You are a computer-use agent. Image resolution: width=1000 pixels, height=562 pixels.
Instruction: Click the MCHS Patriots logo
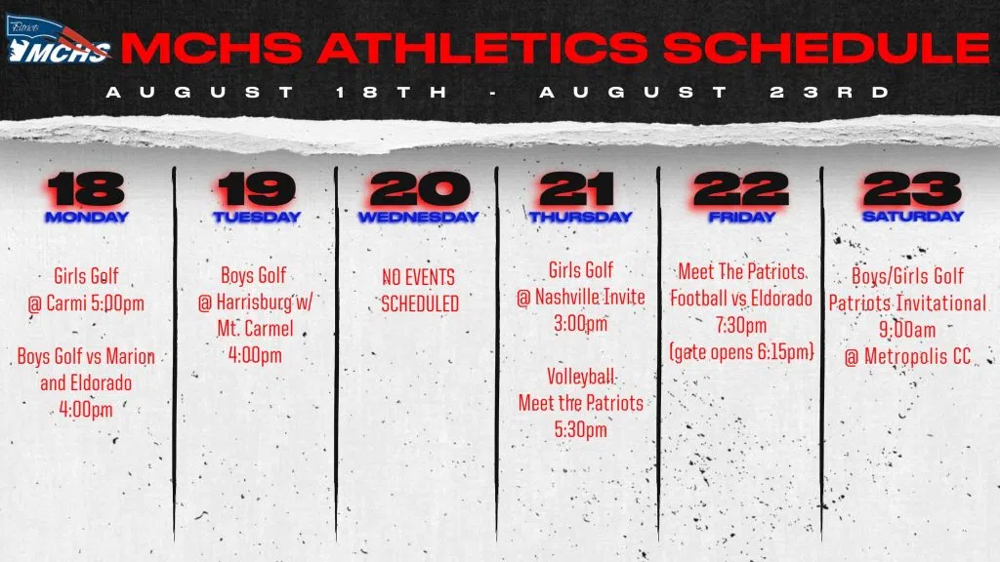[58, 40]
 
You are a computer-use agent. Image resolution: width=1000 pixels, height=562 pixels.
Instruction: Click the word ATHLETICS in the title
[482, 48]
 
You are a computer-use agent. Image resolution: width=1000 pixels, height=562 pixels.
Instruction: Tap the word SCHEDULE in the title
[826, 48]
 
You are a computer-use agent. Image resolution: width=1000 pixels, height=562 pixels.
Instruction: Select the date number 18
[86, 189]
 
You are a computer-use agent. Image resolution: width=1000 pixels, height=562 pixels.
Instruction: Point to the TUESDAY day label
[257, 218]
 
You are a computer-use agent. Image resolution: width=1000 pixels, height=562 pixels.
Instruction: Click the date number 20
[419, 189]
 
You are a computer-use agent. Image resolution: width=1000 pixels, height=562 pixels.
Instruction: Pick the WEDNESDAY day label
[418, 218]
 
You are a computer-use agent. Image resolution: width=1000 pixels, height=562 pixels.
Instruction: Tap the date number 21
[577, 189]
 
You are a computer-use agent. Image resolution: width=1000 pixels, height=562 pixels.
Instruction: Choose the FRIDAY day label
[742, 218]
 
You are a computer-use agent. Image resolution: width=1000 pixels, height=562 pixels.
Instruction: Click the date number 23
[912, 189]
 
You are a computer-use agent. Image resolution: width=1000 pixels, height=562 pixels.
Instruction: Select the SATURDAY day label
[913, 217]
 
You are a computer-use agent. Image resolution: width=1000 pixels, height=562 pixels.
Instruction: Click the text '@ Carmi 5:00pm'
[86, 303]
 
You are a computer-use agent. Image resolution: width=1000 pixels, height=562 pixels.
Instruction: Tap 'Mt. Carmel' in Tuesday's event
[255, 328]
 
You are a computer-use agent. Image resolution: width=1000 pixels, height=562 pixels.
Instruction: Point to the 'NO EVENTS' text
[418, 277]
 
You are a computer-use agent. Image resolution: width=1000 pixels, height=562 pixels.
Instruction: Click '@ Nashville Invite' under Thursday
[581, 297]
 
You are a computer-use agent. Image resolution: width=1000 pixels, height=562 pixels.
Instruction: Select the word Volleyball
[581, 377]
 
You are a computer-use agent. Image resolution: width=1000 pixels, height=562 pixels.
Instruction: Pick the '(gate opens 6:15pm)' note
[742, 351]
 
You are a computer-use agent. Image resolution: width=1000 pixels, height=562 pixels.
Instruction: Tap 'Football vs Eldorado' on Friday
[741, 299]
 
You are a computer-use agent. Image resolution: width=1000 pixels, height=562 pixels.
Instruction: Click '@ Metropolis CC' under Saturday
[907, 357]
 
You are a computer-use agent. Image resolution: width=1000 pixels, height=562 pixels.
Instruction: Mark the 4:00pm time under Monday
[86, 409]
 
